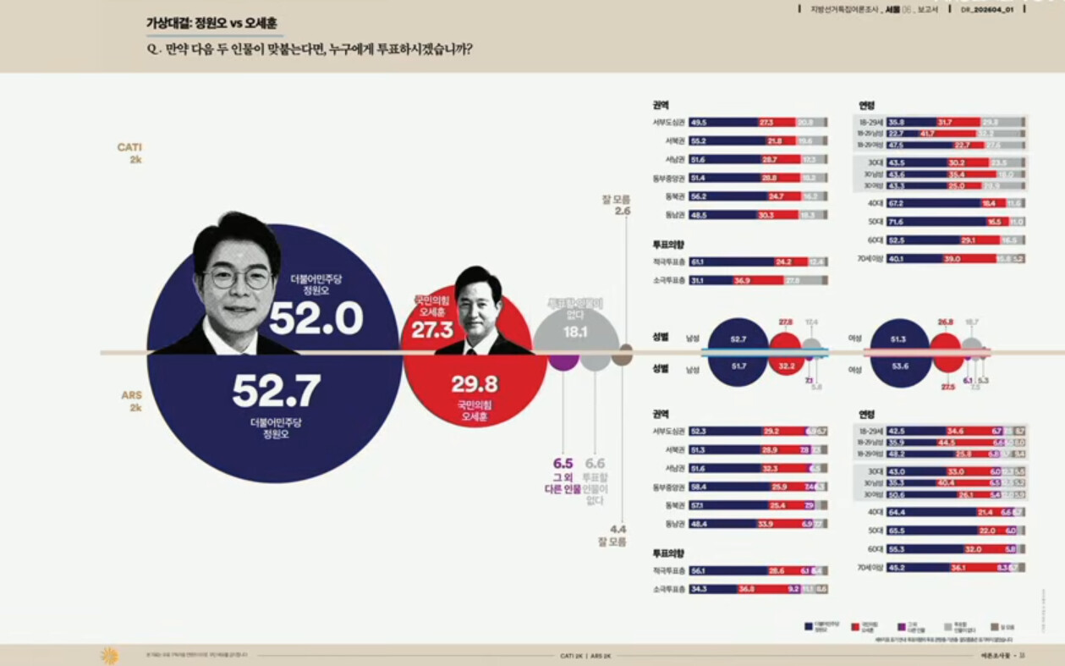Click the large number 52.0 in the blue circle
click(x=316, y=319)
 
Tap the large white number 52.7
click(x=277, y=391)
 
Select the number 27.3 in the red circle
click(x=432, y=330)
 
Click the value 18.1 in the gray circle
click(x=575, y=333)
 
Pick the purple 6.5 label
click(x=563, y=464)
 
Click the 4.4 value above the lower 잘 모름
click(x=618, y=529)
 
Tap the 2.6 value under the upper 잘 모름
click(x=623, y=211)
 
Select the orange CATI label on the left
click(x=129, y=147)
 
